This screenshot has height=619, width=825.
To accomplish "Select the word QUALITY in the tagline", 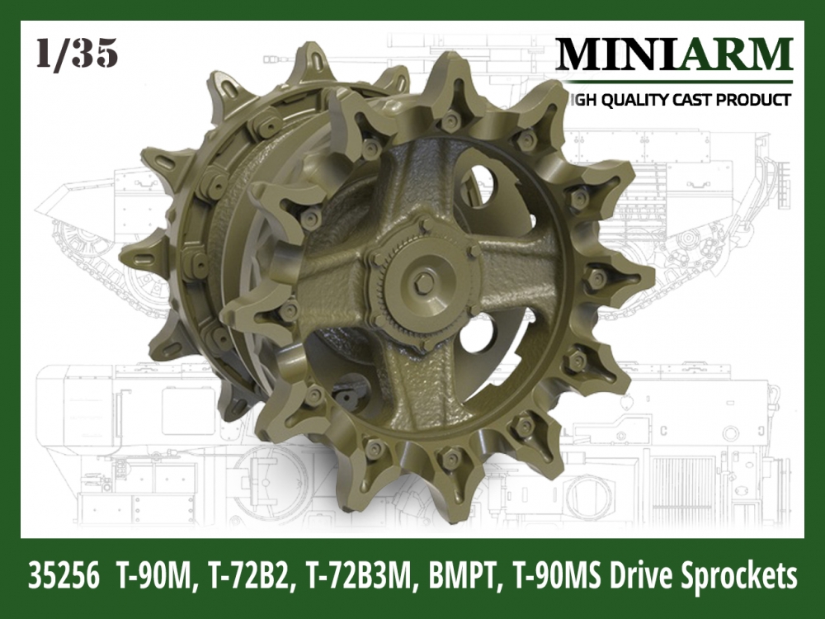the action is (x=639, y=100).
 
